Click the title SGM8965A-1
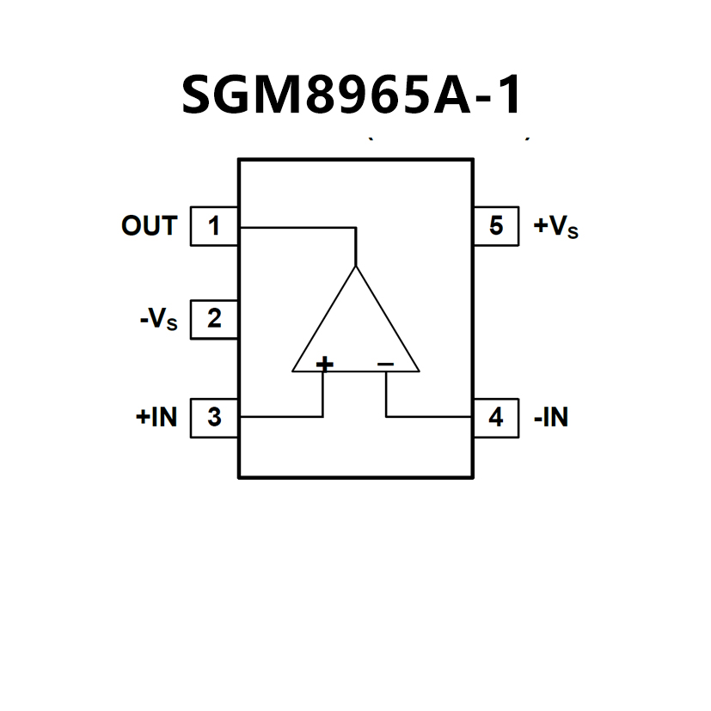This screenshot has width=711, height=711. pos(352,95)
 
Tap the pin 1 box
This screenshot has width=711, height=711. pos(214,227)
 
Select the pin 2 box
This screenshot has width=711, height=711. pos(214,319)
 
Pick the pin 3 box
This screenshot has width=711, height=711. pos(214,417)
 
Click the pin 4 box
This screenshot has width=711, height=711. pos(496,417)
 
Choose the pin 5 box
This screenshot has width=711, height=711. pos(496,227)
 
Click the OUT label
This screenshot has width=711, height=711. pos(149,227)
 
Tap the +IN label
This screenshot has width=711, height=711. pos(156,418)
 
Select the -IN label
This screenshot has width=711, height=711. pos(551,418)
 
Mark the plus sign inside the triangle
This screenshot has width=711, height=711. pos(325,365)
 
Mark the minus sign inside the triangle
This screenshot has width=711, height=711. pos(385,365)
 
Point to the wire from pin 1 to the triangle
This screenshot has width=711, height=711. pos(297,228)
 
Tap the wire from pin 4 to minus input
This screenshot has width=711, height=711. pos(430,417)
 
